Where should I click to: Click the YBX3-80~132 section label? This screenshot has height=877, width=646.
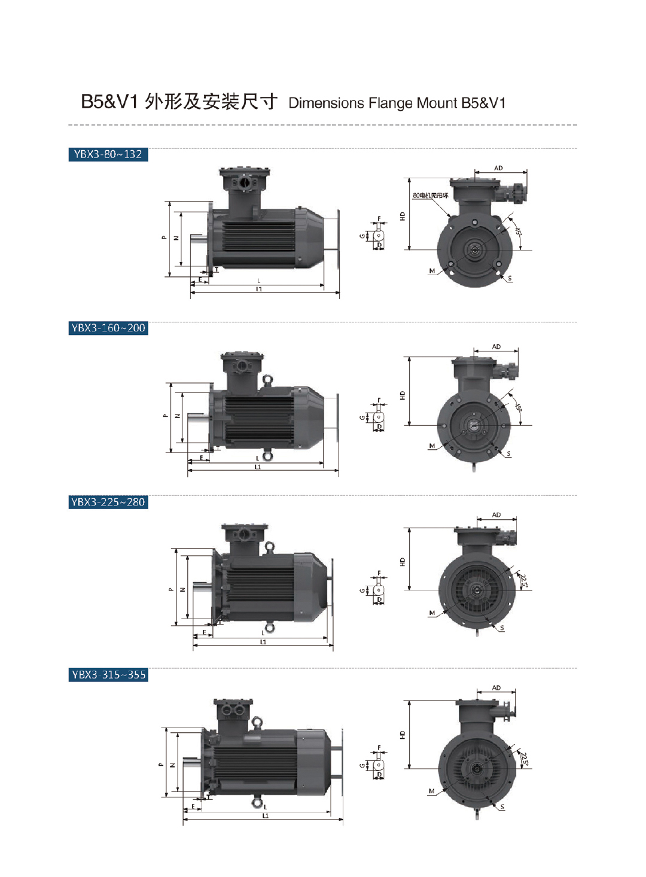(x=108, y=154)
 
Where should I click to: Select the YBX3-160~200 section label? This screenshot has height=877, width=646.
(x=108, y=328)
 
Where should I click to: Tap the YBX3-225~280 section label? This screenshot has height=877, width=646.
(x=108, y=502)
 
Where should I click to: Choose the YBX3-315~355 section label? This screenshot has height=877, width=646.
(x=108, y=675)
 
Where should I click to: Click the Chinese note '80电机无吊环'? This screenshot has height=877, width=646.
(x=430, y=196)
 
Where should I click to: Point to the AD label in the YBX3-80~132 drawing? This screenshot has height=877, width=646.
(x=498, y=168)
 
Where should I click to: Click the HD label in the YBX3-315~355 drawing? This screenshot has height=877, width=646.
(x=403, y=735)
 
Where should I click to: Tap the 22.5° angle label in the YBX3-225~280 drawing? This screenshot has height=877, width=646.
(x=524, y=580)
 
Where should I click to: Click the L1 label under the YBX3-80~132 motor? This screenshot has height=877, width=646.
(x=259, y=290)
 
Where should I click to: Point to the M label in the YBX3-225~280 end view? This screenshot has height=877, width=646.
(x=432, y=613)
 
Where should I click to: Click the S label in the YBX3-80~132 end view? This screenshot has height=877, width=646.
(x=510, y=278)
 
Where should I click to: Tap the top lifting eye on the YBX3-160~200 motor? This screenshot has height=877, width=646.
(x=267, y=379)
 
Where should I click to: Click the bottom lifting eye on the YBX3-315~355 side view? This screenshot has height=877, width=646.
(x=257, y=802)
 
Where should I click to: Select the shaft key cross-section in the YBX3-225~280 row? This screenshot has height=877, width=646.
(x=379, y=590)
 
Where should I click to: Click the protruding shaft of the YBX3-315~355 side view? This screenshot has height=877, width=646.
(x=191, y=762)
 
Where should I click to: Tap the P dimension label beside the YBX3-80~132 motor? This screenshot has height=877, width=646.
(x=164, y=237)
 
